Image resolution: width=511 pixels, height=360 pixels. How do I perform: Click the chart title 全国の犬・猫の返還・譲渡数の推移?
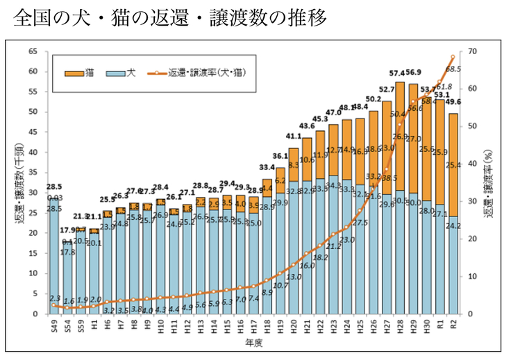pos(169,17)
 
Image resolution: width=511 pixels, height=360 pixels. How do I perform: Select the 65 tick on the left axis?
pos(33,52)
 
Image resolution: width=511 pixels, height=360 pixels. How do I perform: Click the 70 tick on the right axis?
pos(474,52)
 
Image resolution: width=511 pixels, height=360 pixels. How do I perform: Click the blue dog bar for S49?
pos(53,257)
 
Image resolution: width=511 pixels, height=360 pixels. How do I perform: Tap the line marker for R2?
pos(453,57)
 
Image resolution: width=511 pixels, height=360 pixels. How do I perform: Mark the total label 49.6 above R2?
pos(453,101)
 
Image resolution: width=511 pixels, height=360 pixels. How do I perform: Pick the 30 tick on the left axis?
pos(33,193)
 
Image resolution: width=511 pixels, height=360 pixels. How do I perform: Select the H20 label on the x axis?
pos(294,325)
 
